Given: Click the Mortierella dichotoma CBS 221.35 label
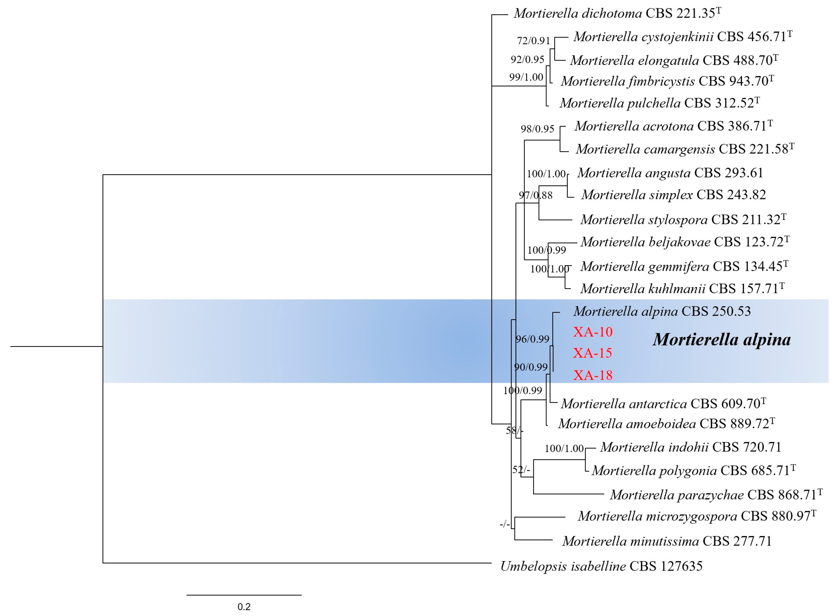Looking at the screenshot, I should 617,14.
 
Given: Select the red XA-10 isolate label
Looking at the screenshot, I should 593,332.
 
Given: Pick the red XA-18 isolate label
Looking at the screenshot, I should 593,375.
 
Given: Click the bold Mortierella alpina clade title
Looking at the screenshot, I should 721,340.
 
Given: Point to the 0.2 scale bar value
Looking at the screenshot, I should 244,607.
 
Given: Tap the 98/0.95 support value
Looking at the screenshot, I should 537,129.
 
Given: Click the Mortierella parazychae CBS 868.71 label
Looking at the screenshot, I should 716,495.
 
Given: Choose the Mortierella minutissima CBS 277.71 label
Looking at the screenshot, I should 667,541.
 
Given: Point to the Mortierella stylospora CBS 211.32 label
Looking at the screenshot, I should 683,220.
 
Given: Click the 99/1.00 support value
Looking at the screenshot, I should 526,77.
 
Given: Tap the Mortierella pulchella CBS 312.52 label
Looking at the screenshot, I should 659,103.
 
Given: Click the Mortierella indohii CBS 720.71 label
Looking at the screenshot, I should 690,447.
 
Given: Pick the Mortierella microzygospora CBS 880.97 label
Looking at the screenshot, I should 697,516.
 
